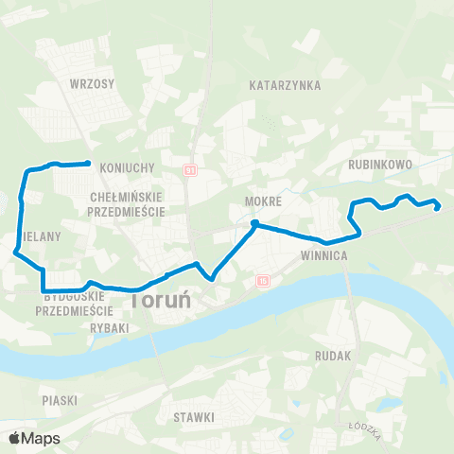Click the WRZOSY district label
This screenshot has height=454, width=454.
(92, 83)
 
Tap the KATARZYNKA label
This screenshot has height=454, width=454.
(285, 85)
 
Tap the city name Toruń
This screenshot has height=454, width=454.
(161, 300)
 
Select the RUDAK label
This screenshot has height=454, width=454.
(335, 356)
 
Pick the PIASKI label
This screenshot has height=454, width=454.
(59, 400)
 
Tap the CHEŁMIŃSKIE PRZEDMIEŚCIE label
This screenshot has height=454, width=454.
(126, 203)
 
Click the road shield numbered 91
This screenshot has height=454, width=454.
(190, 170)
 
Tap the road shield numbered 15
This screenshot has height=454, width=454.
(262, 280)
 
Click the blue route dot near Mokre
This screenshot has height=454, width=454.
(254, 223)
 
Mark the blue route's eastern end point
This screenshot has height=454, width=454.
(438, 207)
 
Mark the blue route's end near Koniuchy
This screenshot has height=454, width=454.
(88, 164)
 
